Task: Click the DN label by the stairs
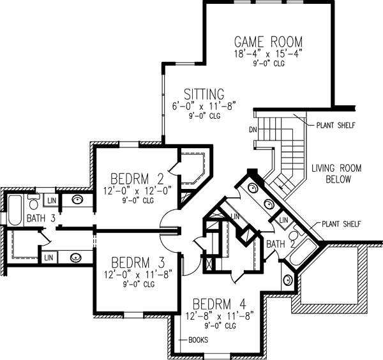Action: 253,131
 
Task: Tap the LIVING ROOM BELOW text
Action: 336,174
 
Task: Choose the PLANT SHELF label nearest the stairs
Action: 335,125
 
